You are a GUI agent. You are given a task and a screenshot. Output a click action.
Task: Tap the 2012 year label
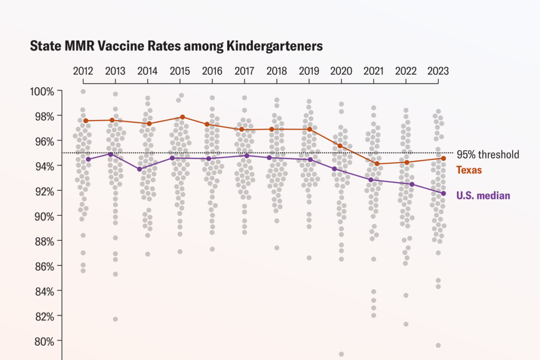(83, 71)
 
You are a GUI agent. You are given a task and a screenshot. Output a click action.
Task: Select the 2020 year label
(341, 71)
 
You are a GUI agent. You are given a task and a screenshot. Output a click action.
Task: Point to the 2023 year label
(438, 71)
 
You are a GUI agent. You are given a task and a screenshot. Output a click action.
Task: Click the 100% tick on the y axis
(42, 92)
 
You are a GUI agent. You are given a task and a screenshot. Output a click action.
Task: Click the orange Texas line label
(469, 170)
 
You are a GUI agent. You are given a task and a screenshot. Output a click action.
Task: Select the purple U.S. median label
(483, 196)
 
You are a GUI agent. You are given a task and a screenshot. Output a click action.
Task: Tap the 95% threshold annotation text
(488, 154)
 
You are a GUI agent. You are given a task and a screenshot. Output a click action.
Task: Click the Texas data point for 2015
(182, 117)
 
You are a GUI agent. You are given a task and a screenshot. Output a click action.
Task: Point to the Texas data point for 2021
(377, 164)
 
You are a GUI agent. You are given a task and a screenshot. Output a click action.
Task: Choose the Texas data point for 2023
(443, 158)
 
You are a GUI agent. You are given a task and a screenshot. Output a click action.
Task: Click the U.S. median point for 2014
(139, 169)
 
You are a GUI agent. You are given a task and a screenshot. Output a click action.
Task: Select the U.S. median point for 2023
(443, 193)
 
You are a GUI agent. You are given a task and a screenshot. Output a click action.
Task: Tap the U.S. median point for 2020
(334, 169)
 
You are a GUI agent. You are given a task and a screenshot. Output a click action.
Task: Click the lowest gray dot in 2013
(115, 319)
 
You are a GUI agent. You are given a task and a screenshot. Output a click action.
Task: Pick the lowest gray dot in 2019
(309, 258)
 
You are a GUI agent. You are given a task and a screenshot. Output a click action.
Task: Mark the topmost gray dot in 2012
(83, 92)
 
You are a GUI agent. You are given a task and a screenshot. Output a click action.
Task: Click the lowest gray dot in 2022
(406, 324)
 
